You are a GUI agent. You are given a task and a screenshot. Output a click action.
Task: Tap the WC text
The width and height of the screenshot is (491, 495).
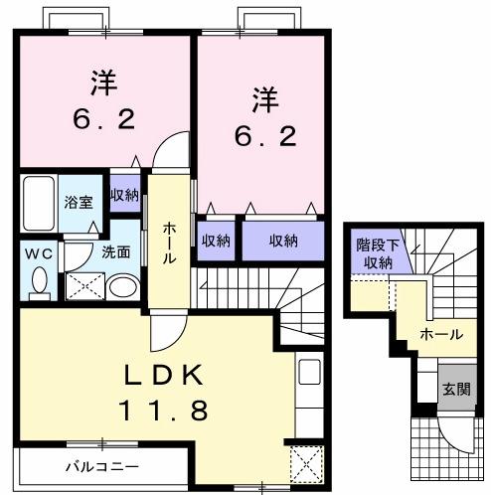tap(38, 253)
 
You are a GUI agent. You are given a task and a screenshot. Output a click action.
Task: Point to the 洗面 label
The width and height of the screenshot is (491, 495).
tap(115, 252)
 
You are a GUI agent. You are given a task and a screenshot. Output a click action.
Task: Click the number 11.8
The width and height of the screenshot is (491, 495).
tap(164, 409)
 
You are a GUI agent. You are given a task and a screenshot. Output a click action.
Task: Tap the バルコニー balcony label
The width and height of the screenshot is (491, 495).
tap(101, 464)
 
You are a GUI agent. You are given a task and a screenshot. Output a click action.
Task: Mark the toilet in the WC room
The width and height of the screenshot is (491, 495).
tap(40, 283)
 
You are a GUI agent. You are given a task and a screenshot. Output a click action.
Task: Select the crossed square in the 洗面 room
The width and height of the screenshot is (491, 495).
tap(83, 287)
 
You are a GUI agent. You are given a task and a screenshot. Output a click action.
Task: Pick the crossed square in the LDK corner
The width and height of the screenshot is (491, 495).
tap(303, 464)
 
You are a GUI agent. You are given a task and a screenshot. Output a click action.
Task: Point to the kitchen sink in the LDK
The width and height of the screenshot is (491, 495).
tap(309, 376)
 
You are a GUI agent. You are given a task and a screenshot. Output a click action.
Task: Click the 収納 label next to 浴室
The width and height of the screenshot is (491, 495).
tap(124, 195)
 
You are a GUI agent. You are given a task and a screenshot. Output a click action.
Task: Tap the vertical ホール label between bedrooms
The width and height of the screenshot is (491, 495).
tap(169, 243)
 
